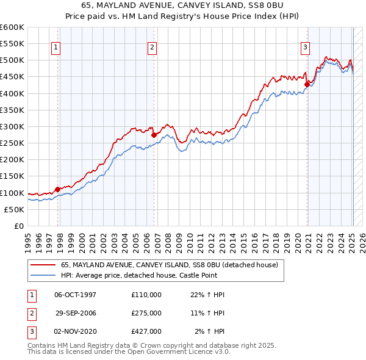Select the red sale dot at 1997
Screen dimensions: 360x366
point(58,189)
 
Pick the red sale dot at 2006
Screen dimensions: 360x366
point(154,135)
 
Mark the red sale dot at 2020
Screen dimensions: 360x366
point(307,84)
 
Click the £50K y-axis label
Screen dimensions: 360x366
point(15,209)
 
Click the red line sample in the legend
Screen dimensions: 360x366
point(42,265)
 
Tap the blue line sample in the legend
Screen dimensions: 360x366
point(42,275)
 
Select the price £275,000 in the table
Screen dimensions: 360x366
point(146,312)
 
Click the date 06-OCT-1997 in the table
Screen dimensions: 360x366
point(76,295)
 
